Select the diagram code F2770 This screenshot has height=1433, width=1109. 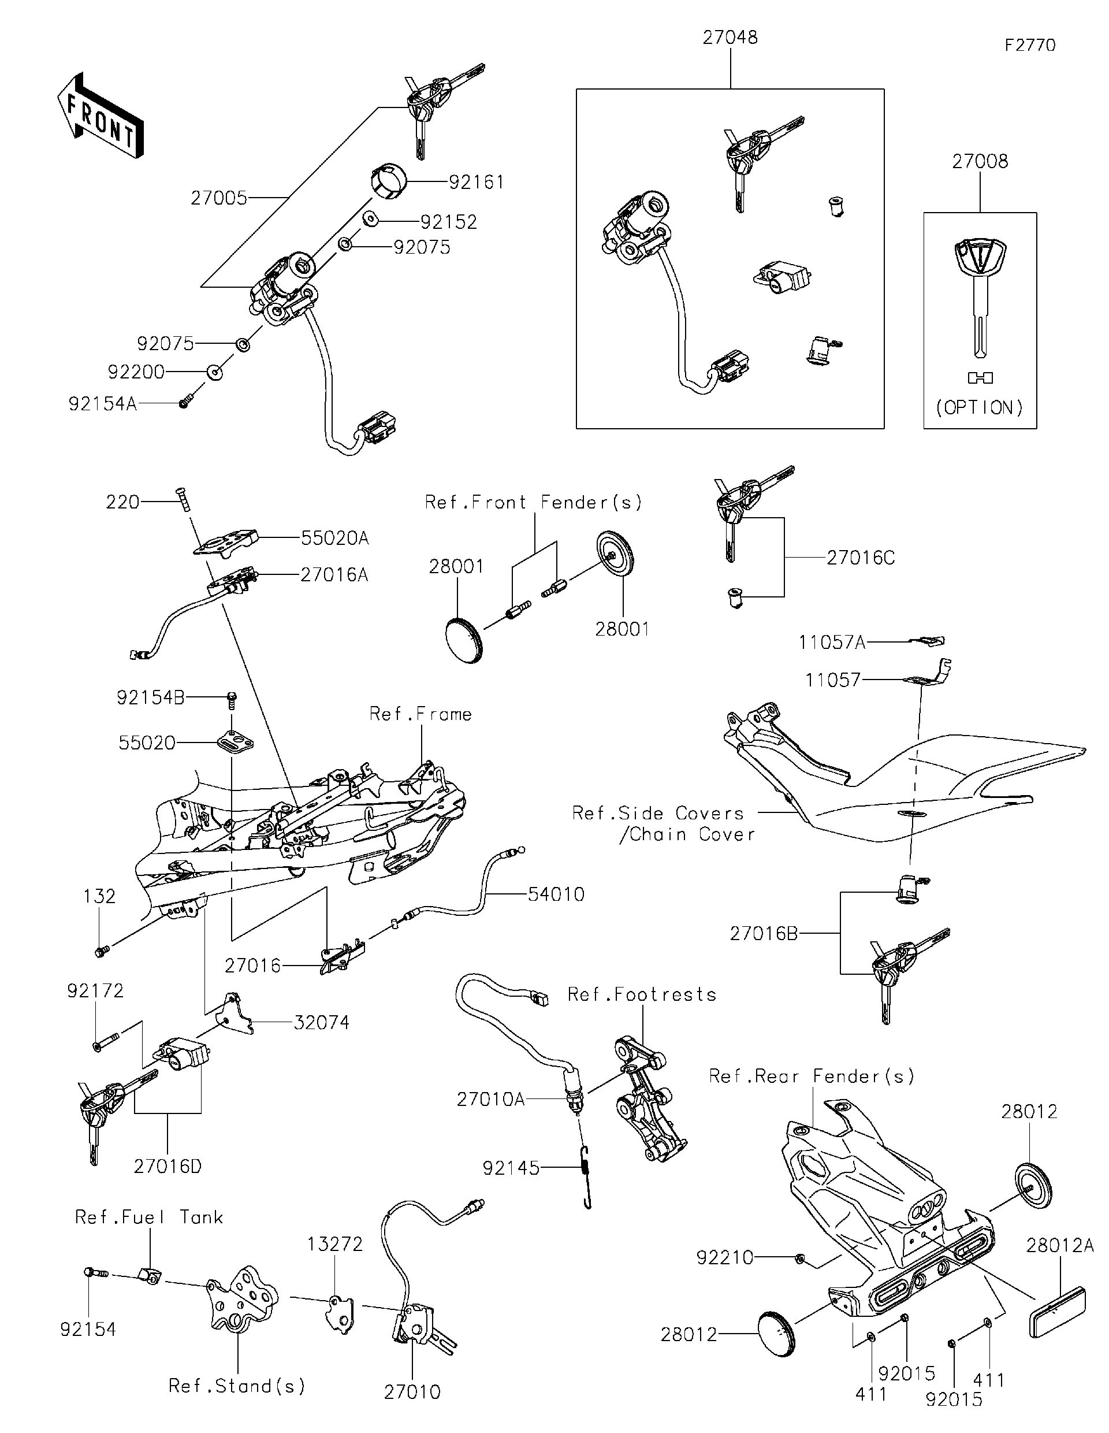point(1030,45)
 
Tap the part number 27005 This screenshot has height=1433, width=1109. point(219,198)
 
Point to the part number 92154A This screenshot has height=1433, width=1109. point(102,403)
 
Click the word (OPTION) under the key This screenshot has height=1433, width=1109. point(979,407)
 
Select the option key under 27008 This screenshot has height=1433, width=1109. point(979,295)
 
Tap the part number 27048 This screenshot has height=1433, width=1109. point(730,38)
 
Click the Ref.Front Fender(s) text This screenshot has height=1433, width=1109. point(533,503)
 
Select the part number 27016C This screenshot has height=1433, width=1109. point(860,558)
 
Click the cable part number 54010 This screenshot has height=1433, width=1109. point(556,894)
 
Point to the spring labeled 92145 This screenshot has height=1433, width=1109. point(586,1176)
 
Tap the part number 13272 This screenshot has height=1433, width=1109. point(335,1244)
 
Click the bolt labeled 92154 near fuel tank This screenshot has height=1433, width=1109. point(96,1274)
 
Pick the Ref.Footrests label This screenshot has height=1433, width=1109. point(641,994)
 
